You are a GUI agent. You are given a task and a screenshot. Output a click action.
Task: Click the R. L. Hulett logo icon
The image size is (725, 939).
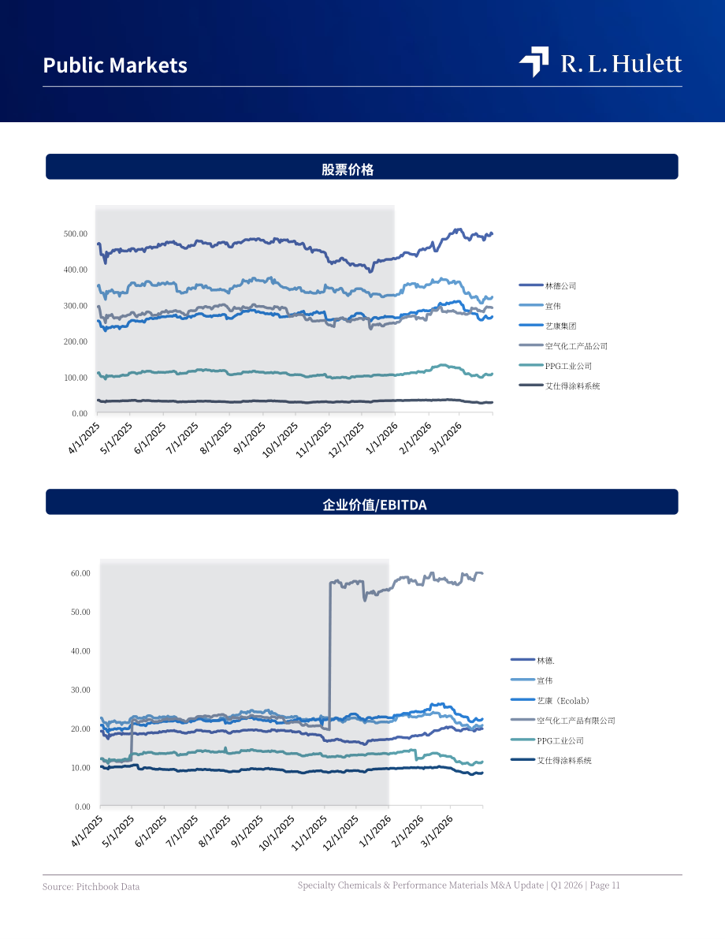click(534, 61)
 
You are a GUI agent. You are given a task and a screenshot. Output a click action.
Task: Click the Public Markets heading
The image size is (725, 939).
click(115, 65)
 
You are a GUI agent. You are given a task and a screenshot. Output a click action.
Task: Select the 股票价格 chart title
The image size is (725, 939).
click(348, 170)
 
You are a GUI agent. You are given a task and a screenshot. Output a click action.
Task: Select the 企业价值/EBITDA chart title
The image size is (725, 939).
click(375, 505)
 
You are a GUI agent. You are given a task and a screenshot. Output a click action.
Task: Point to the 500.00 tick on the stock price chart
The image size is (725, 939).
click(76, 233)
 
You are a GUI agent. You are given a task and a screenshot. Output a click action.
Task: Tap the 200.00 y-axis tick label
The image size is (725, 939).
click(76, 341)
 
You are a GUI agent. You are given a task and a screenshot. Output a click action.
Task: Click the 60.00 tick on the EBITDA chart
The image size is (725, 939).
click(80, 573)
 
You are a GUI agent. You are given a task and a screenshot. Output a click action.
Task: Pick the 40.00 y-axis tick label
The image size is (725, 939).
click(80, 651)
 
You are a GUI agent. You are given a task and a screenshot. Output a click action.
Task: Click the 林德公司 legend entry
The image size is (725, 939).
click(548, 285)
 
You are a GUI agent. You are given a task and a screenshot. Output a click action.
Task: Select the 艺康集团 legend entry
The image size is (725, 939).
click(548, 326)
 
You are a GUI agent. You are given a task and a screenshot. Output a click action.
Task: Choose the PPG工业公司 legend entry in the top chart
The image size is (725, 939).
click(556, 366)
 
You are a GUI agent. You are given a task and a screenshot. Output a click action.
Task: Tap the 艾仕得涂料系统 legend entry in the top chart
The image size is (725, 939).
click(560, 386)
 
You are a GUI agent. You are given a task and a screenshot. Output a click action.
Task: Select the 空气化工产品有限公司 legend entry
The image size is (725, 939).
click(563, 721)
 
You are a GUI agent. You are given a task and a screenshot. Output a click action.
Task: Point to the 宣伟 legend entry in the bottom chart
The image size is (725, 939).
click(532, 680)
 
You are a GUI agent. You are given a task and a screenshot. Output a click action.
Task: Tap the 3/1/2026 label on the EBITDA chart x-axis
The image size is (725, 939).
click(437, 831)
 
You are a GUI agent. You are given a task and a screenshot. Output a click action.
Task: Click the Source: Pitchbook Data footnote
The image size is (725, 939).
click(91, 886)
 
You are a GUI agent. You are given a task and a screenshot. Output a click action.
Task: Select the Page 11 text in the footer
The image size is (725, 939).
click(604, 885)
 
